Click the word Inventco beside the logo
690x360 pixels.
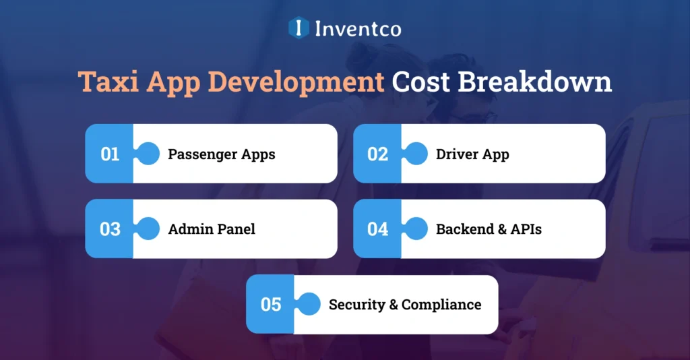click(x=357, y=28)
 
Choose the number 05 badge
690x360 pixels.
click(x=271, y=304)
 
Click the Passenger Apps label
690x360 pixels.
click(x=222, y=154)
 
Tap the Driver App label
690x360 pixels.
click(x=472, y=154)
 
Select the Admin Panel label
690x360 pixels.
click(x=212, y=229)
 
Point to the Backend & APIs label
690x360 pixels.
click(x=489, y=229)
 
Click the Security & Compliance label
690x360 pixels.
click(x=405, y=305)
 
